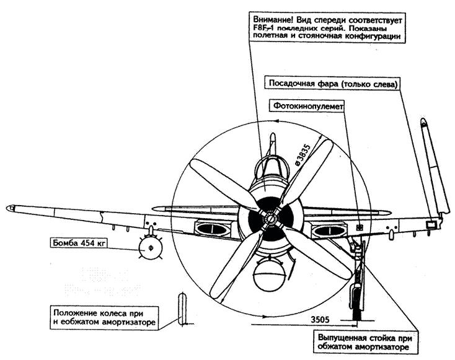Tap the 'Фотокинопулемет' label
pyautogui.click(x=306, y=106)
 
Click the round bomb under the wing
pyautogui.click(x=148, y=249)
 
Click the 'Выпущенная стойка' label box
pyautogui.click(x=363, y=342)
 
